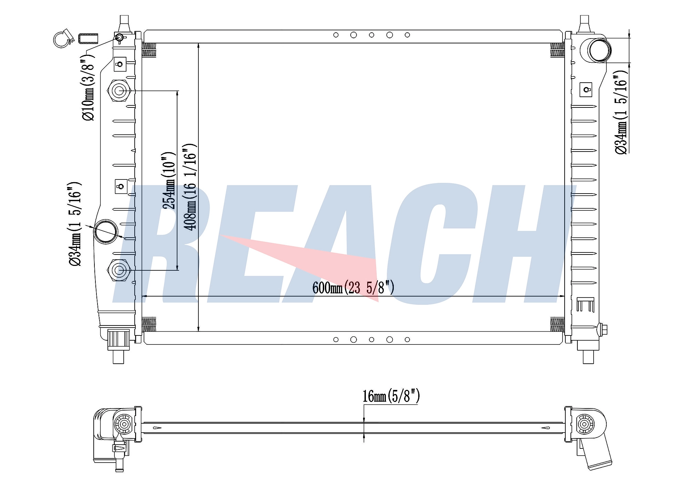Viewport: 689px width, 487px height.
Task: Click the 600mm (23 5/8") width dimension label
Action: pyautogui.click(x=353, y=288)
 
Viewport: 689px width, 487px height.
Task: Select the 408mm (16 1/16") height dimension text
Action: pyautogui.click(x=190, y=187)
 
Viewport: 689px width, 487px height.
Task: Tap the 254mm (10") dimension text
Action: pyautogui.click(x=169, y=180)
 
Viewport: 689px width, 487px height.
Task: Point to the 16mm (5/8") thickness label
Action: pyautogui.click(x=391, y=396)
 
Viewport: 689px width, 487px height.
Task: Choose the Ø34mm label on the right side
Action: pyautogui.click(x=621, y=112)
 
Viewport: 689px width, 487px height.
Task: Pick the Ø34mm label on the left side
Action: pyautogui.click(x=75, y=224)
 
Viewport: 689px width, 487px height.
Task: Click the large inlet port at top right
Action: pyautogui.click(x=600, y=50)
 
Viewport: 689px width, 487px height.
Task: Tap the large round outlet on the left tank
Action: pyautogui.click(x=106, y=231)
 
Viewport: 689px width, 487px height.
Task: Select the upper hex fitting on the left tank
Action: pyautogui.click(x=119, y=91)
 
